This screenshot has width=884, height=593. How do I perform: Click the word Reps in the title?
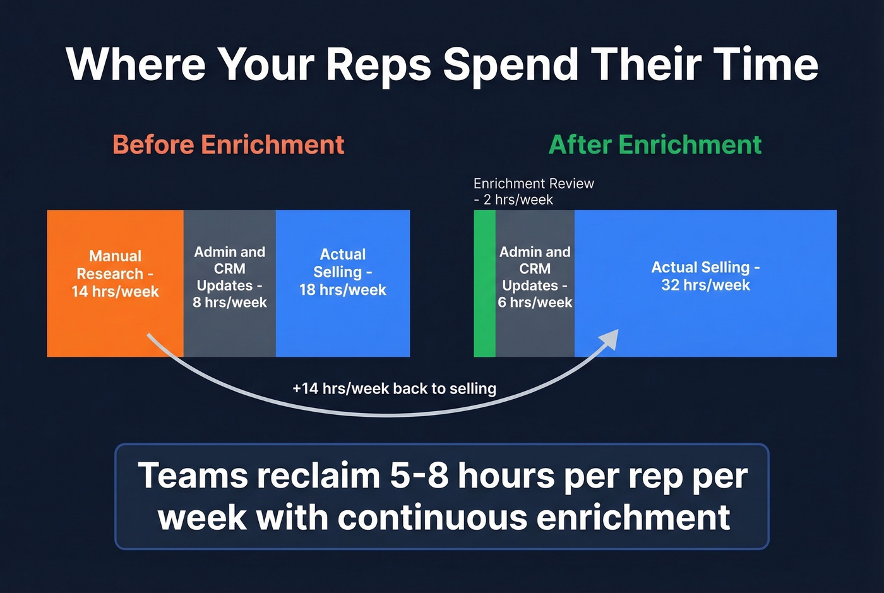[378, 64]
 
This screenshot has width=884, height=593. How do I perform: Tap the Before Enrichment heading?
[229, 145]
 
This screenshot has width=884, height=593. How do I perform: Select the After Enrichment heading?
[655, 145]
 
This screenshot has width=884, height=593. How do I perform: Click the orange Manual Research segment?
[115, 283]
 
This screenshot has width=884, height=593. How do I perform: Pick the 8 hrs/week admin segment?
[229, 283]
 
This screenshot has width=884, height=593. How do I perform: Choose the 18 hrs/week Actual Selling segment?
[343, 283]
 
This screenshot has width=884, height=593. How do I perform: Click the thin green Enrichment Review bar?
[484, 283]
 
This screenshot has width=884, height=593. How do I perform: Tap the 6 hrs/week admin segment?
[535, 283]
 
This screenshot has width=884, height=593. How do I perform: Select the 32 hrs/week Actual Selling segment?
[705, 283]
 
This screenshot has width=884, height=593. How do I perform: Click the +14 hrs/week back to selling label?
[394, 388]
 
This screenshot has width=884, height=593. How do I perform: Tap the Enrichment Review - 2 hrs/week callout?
[534, 191]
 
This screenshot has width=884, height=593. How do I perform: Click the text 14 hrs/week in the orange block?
[115, 292]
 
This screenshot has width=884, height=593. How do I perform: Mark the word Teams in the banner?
[193, 476]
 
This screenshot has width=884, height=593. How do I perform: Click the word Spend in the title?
[510, 64]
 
